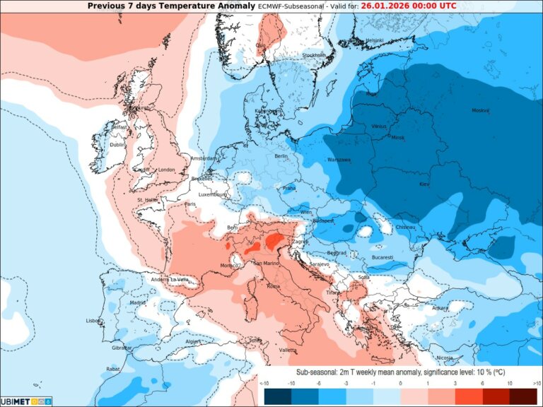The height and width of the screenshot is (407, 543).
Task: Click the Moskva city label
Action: click(481, 110)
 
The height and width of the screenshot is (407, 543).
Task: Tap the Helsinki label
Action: click(375, 40)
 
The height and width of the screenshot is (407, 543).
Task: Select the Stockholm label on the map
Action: click(314, 55)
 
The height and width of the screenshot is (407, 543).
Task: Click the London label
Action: click(167, 170)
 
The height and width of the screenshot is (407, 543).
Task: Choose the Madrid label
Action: click(138, 302)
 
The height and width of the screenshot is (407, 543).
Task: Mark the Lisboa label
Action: click(93, 320)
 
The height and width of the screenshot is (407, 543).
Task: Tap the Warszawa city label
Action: click(339, 160)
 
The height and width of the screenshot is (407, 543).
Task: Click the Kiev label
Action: click(424, 184)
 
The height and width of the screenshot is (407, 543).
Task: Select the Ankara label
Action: click(440, 307)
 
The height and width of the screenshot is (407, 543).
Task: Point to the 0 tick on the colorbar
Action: click(400, 382)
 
